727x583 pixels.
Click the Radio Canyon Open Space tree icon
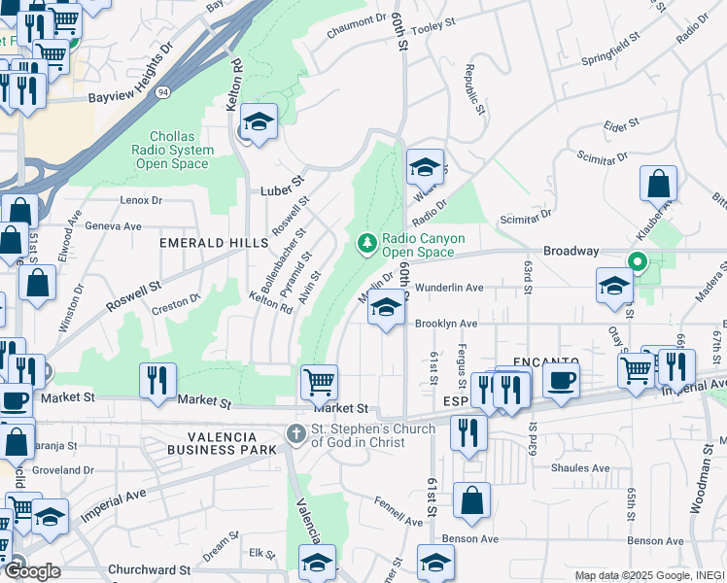(x=366, y=242)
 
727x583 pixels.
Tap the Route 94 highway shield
(x=160, y=91)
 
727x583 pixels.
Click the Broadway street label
(x=571, y=251)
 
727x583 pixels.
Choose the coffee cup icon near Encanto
(x=561, y=380)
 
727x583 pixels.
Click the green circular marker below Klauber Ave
(x=638, y=260)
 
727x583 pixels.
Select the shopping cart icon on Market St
(x=319, y=381)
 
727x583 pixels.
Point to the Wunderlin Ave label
(x=449, y=288)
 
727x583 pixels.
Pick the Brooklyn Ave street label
(x=446, y=324)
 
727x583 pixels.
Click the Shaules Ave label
(x=580, y=467)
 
